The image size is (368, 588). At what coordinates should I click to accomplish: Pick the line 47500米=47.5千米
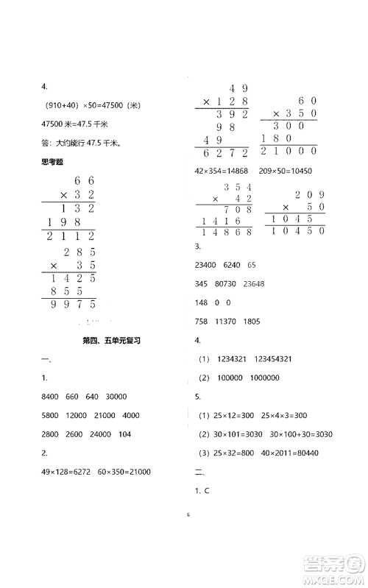coord(71,123)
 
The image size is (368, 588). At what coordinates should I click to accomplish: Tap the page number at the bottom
coord(183,525)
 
